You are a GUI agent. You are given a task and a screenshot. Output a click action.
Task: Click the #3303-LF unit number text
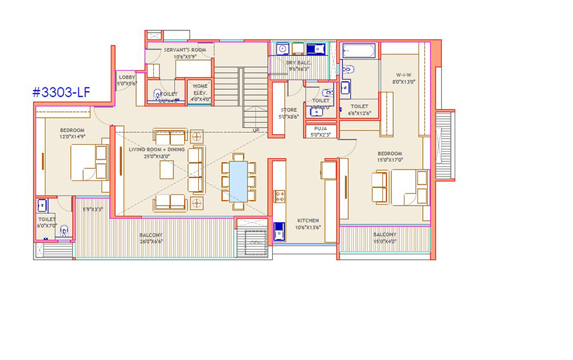coord(61,92)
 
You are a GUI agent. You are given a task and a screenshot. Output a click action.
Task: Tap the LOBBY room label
coord(127,77)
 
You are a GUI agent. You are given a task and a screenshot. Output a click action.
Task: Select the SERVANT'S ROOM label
coord(185,49)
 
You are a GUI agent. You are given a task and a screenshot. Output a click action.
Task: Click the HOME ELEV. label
coord(200,86)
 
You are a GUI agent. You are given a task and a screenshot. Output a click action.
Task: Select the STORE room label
coord(289,110)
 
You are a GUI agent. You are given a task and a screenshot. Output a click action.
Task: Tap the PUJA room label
coord(321,128)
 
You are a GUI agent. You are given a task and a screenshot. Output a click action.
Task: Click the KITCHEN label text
coord(308,221)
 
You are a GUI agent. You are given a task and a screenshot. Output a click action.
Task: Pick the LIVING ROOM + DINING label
coord(156,149)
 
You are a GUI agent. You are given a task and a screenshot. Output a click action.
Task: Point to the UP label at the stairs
coord(256,130)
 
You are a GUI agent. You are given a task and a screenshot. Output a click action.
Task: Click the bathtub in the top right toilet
coord(358,51)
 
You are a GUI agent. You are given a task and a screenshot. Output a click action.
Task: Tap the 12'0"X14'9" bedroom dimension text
coord(72,136)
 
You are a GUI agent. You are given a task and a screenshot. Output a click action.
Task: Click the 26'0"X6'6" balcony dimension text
coord(151,241)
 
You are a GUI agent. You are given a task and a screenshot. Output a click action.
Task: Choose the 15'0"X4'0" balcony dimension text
coord(384,241)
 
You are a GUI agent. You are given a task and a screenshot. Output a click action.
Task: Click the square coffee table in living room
coord(167,170)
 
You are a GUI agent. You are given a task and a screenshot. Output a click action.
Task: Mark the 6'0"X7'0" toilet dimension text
coord(47,225)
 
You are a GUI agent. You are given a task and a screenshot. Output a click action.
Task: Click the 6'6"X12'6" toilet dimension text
coord(359,114)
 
